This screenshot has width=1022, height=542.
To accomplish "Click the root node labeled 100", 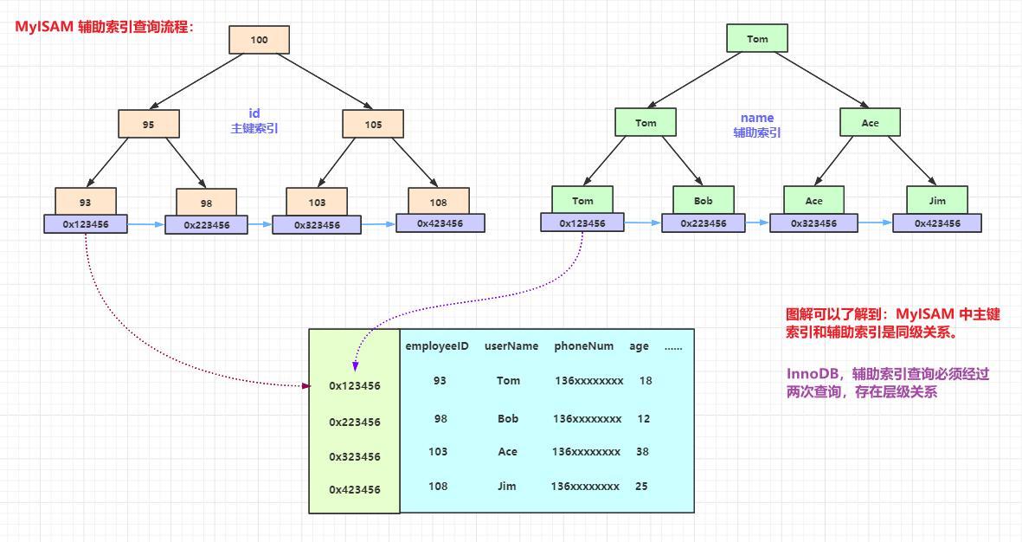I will [x=259, y=40].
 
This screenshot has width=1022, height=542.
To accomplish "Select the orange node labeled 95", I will [x=148, y=124].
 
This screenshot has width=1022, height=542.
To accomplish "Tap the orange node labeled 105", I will [x=373, y=124].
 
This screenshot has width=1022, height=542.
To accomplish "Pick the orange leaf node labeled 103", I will [x=317, y=202].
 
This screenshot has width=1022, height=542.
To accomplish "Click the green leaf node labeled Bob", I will [x=704, y=200].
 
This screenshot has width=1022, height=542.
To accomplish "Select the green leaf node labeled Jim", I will [x=937, y=200].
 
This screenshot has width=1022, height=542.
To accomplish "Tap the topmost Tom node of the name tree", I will [x=757, y=39].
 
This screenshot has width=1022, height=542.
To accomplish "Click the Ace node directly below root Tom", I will [x=870, y=122].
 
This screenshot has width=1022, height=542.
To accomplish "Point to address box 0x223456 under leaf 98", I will [x=206, y=225].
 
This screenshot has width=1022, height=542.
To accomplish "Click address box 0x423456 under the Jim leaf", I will [x=937, y=223].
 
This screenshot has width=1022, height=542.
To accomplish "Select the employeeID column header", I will [x=437, y=346].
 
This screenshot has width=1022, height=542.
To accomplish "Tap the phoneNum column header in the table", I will [x=583, y=346].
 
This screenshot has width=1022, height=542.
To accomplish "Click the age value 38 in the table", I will [x=641, y=452].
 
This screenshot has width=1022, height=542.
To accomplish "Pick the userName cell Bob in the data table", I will [x=508, y=419].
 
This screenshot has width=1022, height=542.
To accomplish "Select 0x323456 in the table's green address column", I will [x=355, y=457].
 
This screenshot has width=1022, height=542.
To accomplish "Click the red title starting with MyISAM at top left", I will [x=105, y=27].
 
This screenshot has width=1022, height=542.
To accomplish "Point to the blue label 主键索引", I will [x=254, y=128].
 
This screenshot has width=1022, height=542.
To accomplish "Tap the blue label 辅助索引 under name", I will [x=757, y=132].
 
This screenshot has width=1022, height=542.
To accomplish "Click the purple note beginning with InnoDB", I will [x=887, y=383].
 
